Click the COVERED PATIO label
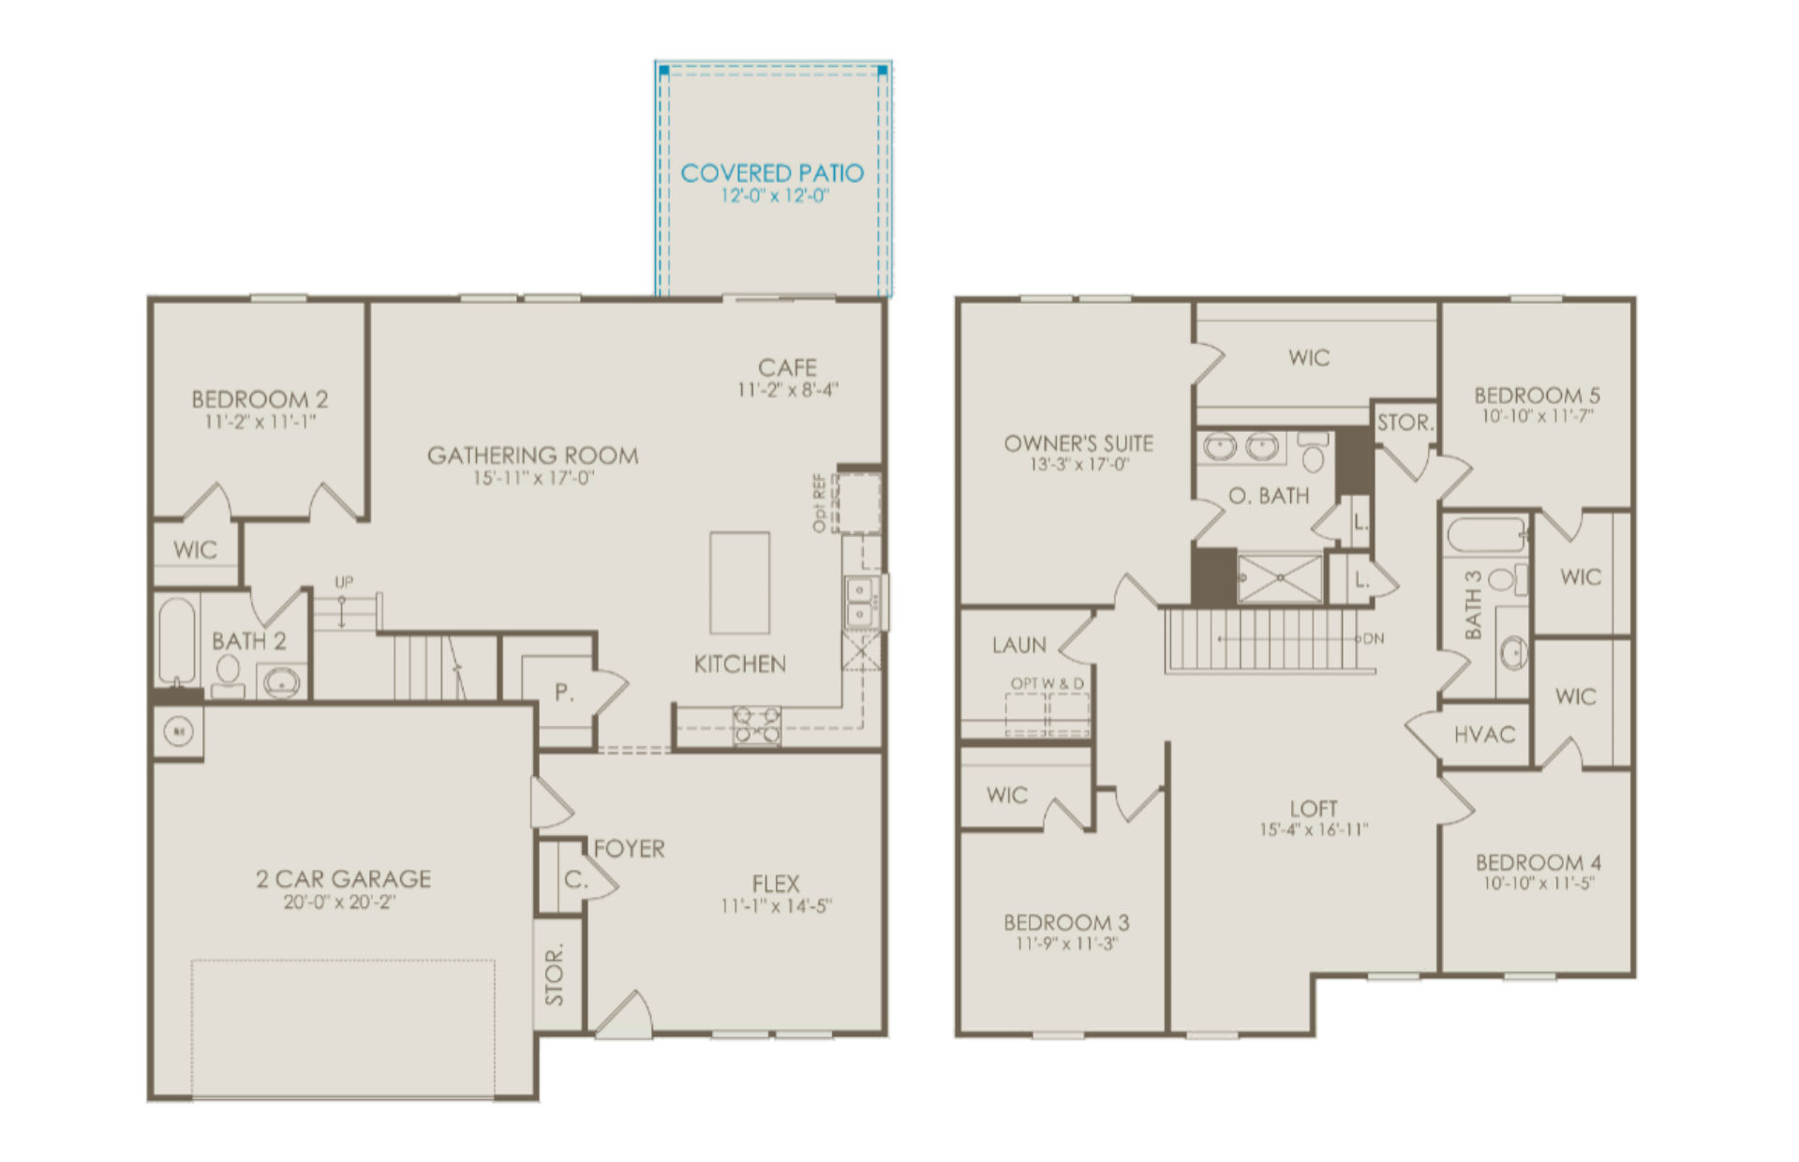tap(772, 173)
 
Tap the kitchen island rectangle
tap(740, 583)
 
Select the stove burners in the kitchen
tap(757, 724)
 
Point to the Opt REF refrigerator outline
tap(858, 503)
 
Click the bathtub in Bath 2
tap(177, 642)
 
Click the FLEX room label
tap(776, 884)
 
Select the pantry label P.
tap(563, 693)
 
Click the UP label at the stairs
tap(344, 582)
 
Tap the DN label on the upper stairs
tap(1374, 639)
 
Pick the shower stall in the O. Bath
tap(1279, 579)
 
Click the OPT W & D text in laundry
tap(1047, 684)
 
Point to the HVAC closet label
tap(1484, 735)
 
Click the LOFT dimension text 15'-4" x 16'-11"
tap(1314, 829)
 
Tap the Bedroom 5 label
tap(1537, 395)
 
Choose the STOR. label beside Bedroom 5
tap(1405, 423)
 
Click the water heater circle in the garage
tap(178, 731)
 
